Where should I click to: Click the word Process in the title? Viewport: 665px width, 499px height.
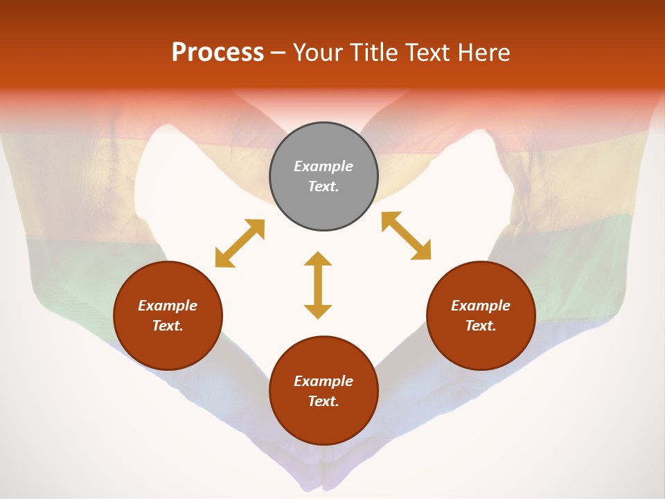[x=218, y=53]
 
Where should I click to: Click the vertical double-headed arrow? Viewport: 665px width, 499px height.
[x=318, y=285]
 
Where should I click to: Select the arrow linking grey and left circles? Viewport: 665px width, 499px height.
[x=240, y=243]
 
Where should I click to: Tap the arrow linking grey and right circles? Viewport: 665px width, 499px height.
[x=406, y=236]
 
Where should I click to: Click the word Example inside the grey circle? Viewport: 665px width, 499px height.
[x=323, y=166]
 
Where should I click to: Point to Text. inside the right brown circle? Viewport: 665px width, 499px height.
[x=481, y=326]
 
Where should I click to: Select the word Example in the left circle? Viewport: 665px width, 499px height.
[x=168, y=306]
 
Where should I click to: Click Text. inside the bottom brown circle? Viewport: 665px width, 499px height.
[x=323, y=401]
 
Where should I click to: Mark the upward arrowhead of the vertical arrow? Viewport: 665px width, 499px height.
[x=318, y=259]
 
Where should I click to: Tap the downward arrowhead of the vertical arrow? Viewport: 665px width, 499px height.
[x=318, y=311]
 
